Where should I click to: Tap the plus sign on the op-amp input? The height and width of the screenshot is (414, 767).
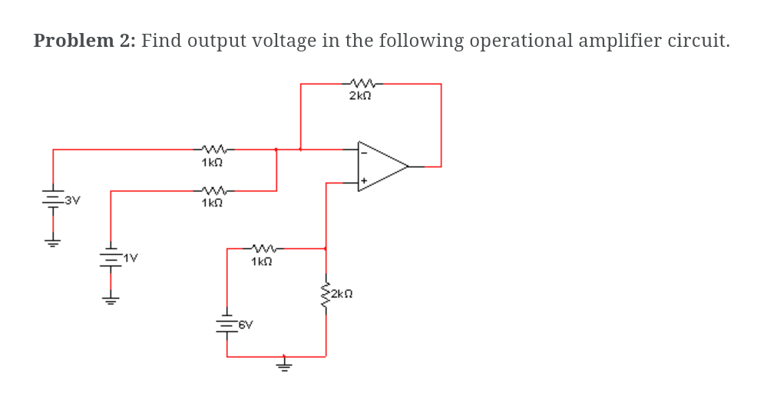(364, 181)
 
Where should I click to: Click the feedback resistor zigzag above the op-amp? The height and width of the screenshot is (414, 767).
(362, 83)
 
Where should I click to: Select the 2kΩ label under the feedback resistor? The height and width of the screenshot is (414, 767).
(360, 96)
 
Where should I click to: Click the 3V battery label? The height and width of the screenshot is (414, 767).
(72, 200)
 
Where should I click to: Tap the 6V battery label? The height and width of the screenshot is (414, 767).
(245, 325)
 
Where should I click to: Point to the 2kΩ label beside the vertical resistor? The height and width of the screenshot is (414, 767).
(341, 293)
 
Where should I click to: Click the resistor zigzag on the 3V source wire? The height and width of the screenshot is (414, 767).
(213, 149)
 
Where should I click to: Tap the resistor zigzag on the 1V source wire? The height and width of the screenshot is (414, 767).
(213, 190)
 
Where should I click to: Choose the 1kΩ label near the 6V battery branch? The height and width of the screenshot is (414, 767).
(262, 261)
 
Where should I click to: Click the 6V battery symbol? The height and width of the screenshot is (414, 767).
(226, 324)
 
